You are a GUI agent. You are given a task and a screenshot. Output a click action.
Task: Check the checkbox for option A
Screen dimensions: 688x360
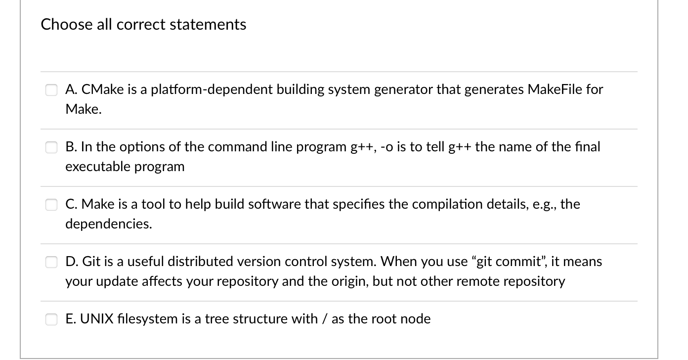[52, 90]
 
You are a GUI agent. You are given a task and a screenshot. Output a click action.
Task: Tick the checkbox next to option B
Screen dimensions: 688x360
[52, 147]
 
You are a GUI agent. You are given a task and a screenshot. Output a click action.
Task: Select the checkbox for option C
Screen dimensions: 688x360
[52, 205]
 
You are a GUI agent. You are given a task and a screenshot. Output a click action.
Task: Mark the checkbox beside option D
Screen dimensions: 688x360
[52, 262]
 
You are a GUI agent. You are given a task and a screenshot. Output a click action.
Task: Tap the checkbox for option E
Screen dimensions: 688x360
[52, 319]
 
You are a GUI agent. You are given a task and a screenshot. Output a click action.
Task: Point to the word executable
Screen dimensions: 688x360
[97, 167]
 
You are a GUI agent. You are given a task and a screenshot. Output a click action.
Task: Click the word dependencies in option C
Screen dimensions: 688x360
[109, 224]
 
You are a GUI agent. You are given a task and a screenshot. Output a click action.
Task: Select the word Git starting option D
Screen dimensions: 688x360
[91, 262]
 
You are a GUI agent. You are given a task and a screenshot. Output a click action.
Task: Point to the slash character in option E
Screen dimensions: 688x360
[323, 319]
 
